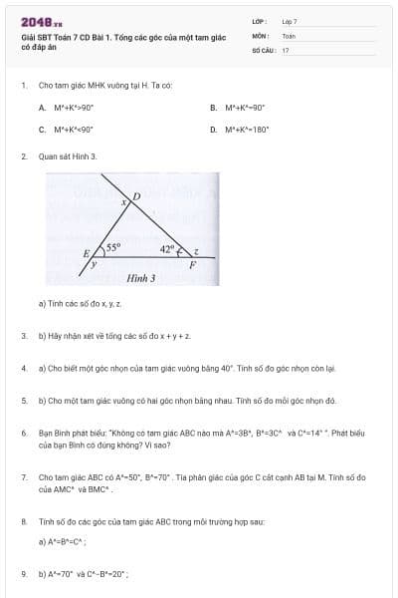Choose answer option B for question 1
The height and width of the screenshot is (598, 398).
237,107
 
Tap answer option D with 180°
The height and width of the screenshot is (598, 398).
237,129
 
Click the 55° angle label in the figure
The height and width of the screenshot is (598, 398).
113,246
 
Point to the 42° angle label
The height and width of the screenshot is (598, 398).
166,246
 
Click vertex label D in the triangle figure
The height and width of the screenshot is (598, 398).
137,196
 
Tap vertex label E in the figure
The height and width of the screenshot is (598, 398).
89,253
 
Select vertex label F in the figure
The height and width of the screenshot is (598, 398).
192,267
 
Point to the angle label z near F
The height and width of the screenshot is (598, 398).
197,251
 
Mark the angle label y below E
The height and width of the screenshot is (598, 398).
95,266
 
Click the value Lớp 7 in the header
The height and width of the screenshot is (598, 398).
290,21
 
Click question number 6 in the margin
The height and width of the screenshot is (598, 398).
24,435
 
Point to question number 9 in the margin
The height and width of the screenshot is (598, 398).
24,574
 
